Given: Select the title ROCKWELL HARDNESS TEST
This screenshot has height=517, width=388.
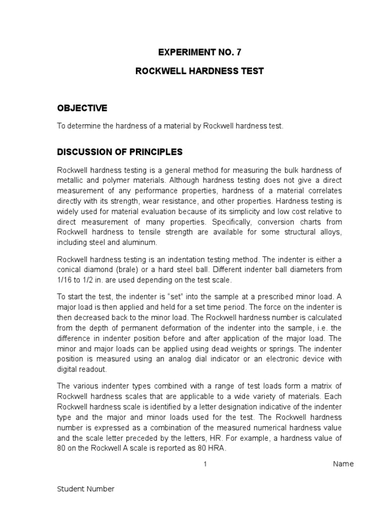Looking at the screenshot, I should coord(200,71).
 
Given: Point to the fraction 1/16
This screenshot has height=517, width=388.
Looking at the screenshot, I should coord(65,280).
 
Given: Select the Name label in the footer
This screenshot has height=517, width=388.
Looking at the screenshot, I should coord(343,464).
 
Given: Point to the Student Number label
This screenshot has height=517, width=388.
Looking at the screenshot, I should coord(85,489).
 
